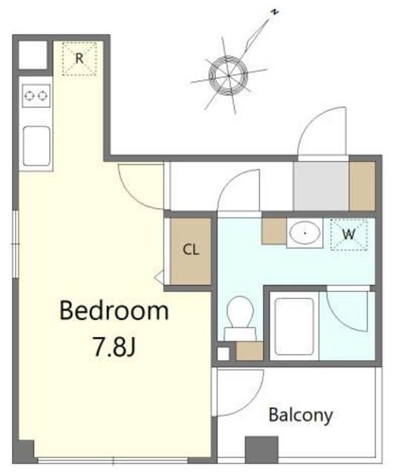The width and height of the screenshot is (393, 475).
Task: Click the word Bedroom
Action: (114, 310)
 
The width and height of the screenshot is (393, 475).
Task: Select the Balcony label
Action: (301, 416)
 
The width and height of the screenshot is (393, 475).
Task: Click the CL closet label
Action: (191, 249)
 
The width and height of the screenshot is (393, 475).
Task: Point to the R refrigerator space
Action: (79, 59)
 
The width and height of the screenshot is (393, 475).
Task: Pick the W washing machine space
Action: (348, 235)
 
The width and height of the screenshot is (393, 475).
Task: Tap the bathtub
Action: (294, 327)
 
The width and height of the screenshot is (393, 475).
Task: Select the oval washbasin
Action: (305, 232)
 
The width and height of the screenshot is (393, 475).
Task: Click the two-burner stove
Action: (36, 96)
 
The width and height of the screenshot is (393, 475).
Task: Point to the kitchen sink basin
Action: (36, 146)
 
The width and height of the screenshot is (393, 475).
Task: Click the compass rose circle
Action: (228, 75)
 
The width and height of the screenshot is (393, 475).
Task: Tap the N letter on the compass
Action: (274, 12)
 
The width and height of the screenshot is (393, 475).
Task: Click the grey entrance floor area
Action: (321, 186)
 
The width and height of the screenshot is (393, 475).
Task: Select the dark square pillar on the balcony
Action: (262, 450)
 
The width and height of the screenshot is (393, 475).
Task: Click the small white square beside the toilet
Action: (224, 354)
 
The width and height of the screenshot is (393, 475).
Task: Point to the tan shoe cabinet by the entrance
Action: (363, 186)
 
